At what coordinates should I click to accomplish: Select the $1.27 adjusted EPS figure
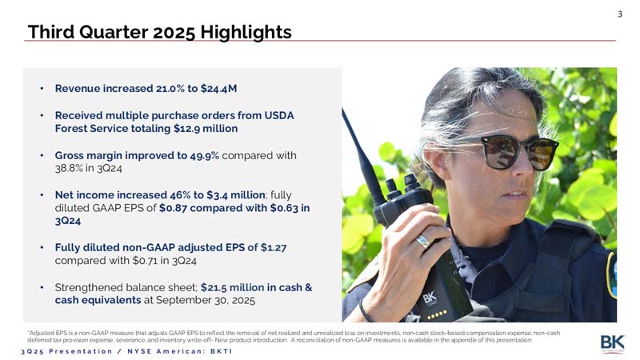point(271,247)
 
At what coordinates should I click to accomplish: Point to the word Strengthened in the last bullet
point(86,286)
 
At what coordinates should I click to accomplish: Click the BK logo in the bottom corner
point(612,344)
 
